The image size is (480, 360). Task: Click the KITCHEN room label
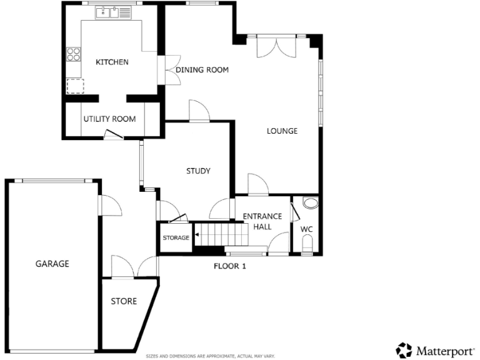tap(112, 62)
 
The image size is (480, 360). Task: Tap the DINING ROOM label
tap(202, 70)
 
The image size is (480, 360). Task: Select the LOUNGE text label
tap(282, 131)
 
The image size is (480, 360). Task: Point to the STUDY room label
tap(198, 171)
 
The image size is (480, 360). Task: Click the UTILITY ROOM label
tap(109, 119)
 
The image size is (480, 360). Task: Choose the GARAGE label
tap(52, 264)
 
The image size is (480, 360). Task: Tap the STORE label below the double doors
tap(124, 301)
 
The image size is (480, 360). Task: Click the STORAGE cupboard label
tap(176, 238)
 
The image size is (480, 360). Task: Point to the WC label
tap(306, 229)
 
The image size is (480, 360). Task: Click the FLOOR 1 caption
tap(230, 266)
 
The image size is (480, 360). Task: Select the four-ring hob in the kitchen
tap(74, 54)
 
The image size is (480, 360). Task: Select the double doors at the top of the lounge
tap(276, 46)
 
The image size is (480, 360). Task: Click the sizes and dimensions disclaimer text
tap(210, 356)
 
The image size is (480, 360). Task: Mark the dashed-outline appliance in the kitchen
tap(75, 86)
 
